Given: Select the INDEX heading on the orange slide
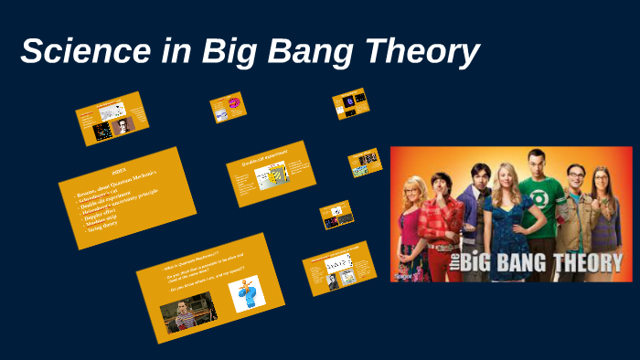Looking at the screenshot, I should pos(119,171).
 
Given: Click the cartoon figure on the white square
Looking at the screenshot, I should pos(246,294).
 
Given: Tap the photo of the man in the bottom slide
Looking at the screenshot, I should pos(188,312).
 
